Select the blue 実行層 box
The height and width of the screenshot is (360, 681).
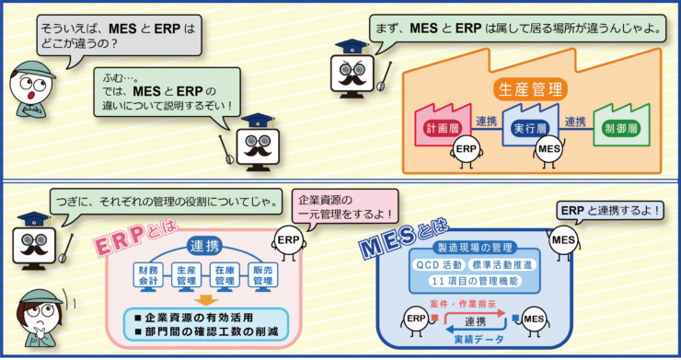532,127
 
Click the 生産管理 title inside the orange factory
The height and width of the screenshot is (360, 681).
531,89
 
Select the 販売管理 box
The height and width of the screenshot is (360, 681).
260,274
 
